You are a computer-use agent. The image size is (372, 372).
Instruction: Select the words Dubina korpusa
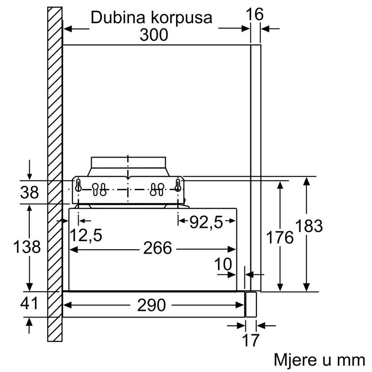pos(151,17)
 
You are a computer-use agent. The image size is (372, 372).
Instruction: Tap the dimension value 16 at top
pos(255,15)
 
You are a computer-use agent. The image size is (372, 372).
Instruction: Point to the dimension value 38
pos(29,192)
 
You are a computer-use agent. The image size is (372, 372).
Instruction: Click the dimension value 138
pos(27,247)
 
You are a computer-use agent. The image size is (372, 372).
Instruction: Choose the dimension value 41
pos(29,304)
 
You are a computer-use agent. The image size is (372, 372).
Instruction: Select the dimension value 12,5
pos(86,236)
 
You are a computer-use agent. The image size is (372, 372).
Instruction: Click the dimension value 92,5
pos(206,223)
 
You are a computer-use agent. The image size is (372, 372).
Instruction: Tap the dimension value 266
pos(157,248)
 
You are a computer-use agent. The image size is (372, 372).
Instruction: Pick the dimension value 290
pos(151,305)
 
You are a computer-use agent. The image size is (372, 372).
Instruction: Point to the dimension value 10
pos(223,265)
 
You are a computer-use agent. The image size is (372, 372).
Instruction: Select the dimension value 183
pos(309,226)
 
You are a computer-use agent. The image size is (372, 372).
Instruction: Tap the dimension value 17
pos(250,340)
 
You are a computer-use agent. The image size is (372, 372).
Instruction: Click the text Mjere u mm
pos(319,360)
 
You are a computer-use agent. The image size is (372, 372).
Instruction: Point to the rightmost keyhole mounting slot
pos(178,186)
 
